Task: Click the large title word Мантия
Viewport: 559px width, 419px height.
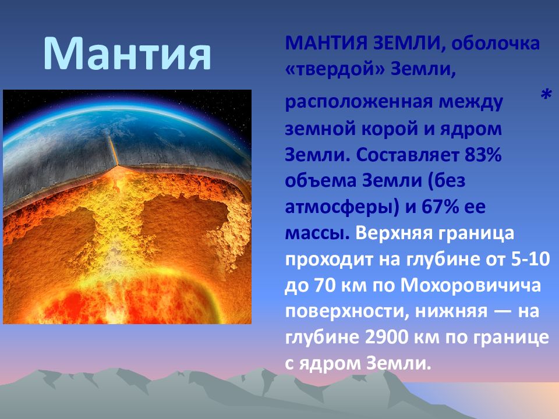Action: pos(128,54)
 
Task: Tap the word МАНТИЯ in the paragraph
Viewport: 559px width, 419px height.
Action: pos(326,44)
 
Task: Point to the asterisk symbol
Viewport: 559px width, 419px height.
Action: pos(546,95)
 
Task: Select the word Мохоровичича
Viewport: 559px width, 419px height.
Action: pos(470,285)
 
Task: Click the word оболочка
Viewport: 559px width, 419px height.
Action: pos(496,44)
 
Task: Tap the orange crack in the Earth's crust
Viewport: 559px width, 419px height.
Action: pos(113,151)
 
